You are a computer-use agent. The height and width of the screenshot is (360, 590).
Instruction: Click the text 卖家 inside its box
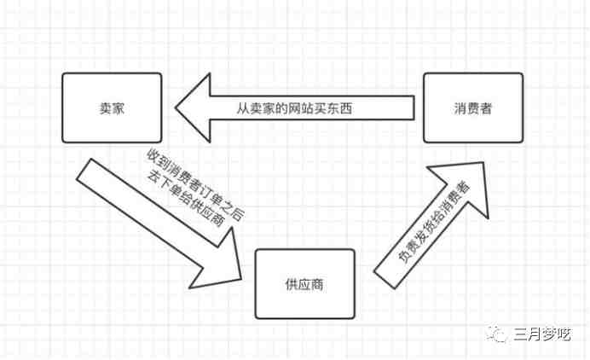(112, 108)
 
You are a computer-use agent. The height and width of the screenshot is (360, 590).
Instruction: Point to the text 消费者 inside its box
(473, 108)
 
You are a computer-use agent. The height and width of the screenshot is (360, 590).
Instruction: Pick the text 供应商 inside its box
(304, 284)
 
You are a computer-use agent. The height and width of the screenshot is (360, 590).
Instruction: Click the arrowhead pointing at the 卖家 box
(193, 107)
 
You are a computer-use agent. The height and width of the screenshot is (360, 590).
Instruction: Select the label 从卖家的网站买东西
(295, 108)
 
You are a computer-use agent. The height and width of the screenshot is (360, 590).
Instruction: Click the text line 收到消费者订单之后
(195, 183)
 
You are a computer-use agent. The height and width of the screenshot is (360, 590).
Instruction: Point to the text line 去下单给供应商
(186, 198)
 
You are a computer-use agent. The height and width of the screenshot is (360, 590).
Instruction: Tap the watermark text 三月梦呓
(542, 334)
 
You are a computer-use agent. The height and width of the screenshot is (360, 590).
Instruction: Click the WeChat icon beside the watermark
(497, 334)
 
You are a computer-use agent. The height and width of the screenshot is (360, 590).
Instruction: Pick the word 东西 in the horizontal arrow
(340, 108)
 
